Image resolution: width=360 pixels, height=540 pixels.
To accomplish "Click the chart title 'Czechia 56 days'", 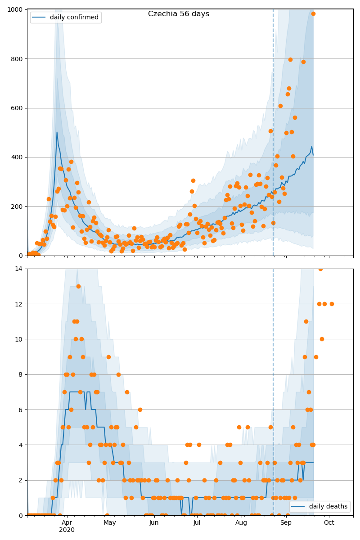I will click(179, 14).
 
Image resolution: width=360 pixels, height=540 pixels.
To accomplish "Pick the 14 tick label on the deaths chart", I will click(21, 269).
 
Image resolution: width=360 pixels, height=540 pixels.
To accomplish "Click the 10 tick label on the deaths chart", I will click(21, 339).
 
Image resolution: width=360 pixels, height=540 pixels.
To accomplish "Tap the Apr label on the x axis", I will click(67, 522).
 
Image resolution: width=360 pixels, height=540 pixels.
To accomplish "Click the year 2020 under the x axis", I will click(67, 530).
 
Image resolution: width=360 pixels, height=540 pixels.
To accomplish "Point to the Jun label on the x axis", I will click(154, 522).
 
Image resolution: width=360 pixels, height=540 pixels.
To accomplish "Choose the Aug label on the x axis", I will click(241, 522).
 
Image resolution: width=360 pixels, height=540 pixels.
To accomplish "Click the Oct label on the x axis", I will click(329, 522).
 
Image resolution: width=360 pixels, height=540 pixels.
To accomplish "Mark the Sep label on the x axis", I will click(286, 522).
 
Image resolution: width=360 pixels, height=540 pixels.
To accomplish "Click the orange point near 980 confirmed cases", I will click(313, 13).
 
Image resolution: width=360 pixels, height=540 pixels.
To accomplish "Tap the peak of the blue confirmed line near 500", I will click(57, 132).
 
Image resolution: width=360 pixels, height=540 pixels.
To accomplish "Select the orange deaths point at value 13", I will click(78, 286).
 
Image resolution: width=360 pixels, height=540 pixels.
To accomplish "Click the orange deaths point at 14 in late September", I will click(320, 269).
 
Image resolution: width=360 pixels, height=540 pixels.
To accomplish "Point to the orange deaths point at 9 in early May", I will click(108, 357).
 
